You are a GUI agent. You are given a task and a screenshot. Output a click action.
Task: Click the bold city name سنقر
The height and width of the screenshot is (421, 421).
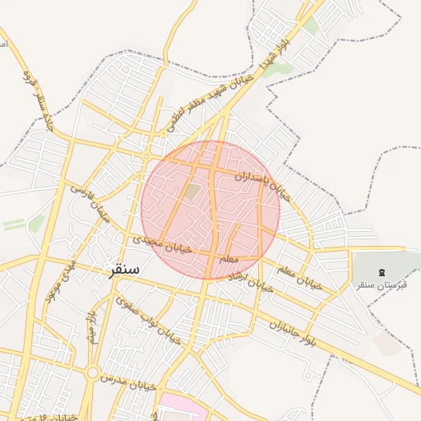click(123, 270)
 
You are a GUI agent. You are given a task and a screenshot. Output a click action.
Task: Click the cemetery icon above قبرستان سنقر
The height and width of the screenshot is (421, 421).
click(382, 272)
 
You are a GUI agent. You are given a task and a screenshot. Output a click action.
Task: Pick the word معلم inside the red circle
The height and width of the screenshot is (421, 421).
click(229, 260)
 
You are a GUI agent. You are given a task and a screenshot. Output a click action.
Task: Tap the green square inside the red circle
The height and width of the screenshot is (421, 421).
click(192, 192)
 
